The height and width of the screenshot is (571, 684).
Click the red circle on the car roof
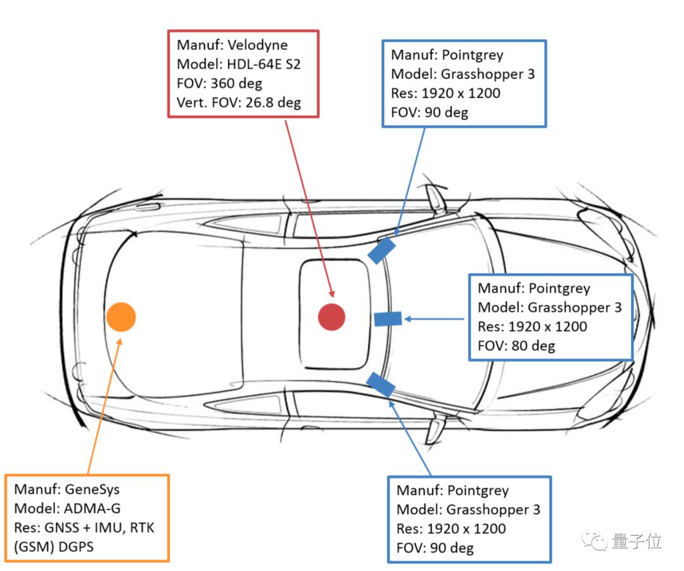point(331,317)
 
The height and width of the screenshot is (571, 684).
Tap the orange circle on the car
point(120,317)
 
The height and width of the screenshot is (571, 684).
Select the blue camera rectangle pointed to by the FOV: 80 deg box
point(388,318)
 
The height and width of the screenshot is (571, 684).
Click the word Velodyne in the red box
point(258,45)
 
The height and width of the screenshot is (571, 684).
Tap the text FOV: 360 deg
point(219,83)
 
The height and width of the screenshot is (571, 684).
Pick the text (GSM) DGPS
point(53,546)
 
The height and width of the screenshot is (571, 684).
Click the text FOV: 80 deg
point(516,346)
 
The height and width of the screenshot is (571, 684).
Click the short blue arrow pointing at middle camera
point(436,318)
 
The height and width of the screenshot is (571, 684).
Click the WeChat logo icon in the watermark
point(597,541)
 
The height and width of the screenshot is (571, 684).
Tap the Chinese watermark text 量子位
point(636,542)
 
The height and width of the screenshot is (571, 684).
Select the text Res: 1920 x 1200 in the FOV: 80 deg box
point(532,327)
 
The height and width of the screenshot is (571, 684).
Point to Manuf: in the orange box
point(35,489)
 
